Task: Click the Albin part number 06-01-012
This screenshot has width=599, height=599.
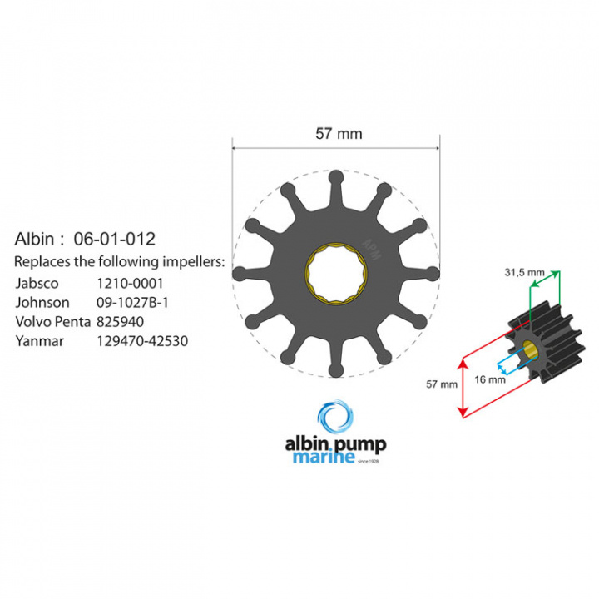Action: coord(115,239)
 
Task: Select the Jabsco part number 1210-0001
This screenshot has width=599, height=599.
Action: coord(130,284)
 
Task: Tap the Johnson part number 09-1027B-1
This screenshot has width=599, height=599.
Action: coord(132,303)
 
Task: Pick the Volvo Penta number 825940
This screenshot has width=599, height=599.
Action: coord(120,322)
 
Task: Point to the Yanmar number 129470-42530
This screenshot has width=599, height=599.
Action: coord(142,341)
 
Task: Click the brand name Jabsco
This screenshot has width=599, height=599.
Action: coord(37,284)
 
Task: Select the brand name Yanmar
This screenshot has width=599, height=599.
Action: coord(40,341)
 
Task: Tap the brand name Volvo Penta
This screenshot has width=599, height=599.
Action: coord(53,322)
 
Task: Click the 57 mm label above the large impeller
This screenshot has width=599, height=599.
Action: coord(339,134)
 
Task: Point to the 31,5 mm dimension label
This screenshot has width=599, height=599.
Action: coord(524,272)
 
